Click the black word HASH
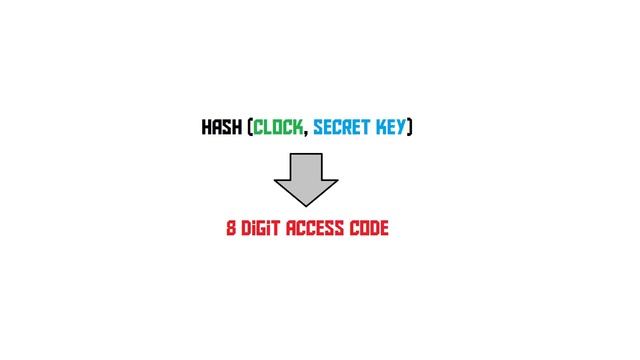(221, 128)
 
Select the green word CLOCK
(278, 128)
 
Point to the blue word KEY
(391, 128)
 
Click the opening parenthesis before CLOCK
(248, 128)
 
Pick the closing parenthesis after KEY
(410, 128)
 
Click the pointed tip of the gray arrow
(306, 205)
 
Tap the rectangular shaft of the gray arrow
(306, 165)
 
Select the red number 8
(231, 228)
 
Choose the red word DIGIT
(261, 228)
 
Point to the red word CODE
(368, 228)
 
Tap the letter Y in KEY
(401, 128)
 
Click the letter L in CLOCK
(267, 128)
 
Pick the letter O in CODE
(362, 228)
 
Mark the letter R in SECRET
(347, 128)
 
